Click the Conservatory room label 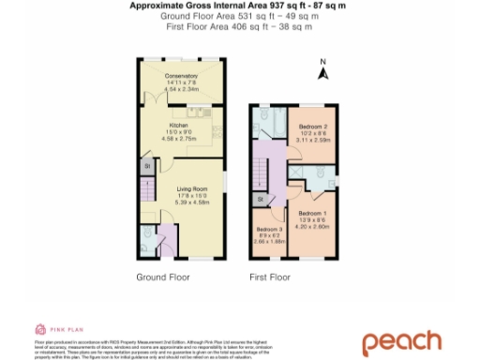pos(181,75)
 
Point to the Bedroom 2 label pos(311,127)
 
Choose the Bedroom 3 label pos(268,229)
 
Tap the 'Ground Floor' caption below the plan pos(163,277)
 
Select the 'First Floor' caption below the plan pos(268,277)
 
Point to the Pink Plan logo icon pos(40,328)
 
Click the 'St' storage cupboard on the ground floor pos(147,166)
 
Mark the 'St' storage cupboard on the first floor pos(260,200)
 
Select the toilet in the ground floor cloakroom pos(150,233)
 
